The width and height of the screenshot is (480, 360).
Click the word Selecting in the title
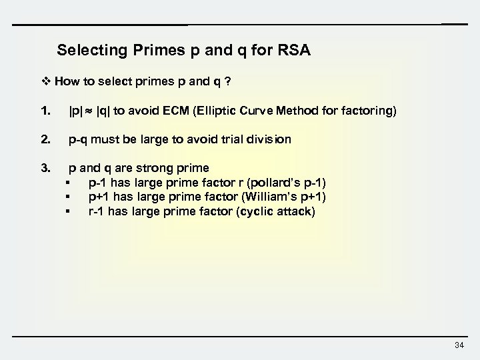click(89, 50)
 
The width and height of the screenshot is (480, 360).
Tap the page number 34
click(458, 345)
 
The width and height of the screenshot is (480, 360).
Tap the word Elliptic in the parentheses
click(239, 112)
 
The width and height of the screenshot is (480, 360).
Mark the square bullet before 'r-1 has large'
click(68, 211)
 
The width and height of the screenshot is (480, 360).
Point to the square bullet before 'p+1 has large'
click(68, 197)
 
